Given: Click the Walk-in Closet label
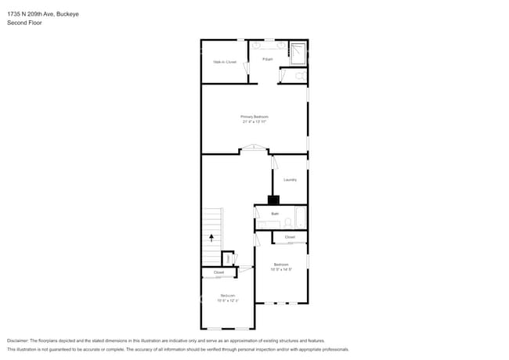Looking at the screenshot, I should [x=225, y=62].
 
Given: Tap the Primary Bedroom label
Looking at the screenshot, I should [x=254, y=117].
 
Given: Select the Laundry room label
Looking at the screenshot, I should [x=290, y=180].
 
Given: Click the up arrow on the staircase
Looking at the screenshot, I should [x=211, y=236].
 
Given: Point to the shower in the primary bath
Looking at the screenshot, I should [x=298, y=52].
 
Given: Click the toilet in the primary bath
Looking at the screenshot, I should [x=300, y=77].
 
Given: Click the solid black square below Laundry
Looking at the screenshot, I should [x=273, y=200].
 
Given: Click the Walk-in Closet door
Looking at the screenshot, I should [x=247, y=71].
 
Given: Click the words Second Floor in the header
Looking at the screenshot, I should [x=24, y=23].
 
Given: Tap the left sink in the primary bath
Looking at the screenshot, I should [x=258, y=46].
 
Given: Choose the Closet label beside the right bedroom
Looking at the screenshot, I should [x=290, y=237].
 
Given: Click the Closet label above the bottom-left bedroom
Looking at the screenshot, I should [x=218, y=272].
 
